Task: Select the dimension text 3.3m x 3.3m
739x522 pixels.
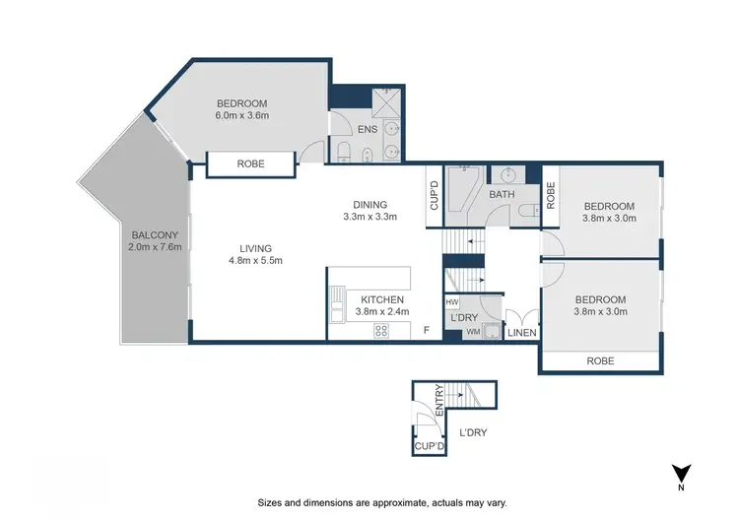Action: pos(369,217)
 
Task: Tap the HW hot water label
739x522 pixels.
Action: pos(452,302)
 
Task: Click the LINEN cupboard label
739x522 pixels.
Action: pos(521,333)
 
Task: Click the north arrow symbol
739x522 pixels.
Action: pos(680,474)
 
